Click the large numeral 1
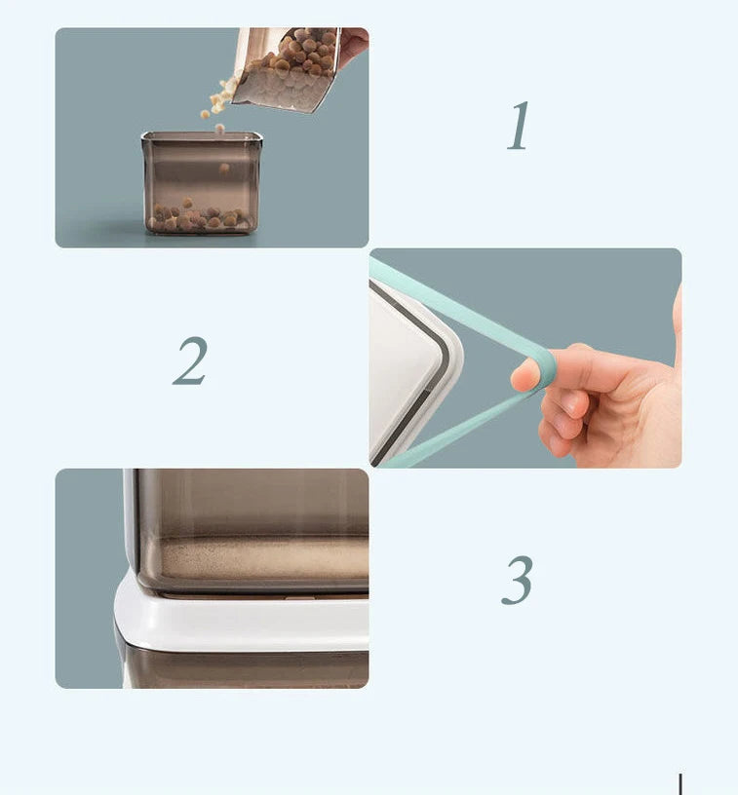[519, 126]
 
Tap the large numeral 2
[190, 360]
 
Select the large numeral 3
[517, 580]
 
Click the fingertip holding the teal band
[524, 375]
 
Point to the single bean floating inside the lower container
[224, 168]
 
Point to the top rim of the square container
[202, 136]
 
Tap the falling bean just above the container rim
[219, 129]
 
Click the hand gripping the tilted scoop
[354, 46]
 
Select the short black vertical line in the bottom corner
[680, 784]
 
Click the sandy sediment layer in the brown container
[264, 558]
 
